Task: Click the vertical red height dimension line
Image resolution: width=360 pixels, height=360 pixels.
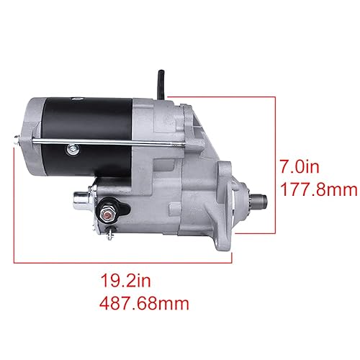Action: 275,166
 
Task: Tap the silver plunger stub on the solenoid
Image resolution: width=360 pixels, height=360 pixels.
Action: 79,194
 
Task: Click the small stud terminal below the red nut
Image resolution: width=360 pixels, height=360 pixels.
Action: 109,232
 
